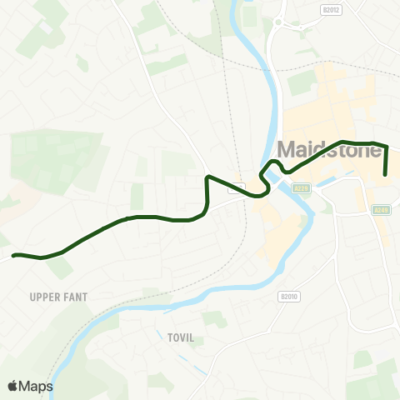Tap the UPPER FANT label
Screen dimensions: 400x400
(x=58, y=297)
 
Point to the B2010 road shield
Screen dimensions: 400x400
(x=288, y=296)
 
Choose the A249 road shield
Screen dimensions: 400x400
(x=382, y=210)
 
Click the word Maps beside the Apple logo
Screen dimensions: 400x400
(x=37, y=386)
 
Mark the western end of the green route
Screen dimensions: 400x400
(x=13, y=255)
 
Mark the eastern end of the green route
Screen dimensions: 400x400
(x=385, y=174)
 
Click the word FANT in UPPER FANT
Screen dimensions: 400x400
(x=77, y=297)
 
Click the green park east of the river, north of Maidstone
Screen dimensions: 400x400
(x=302, y=82)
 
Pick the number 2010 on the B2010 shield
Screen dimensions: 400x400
(x=291, y=296)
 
